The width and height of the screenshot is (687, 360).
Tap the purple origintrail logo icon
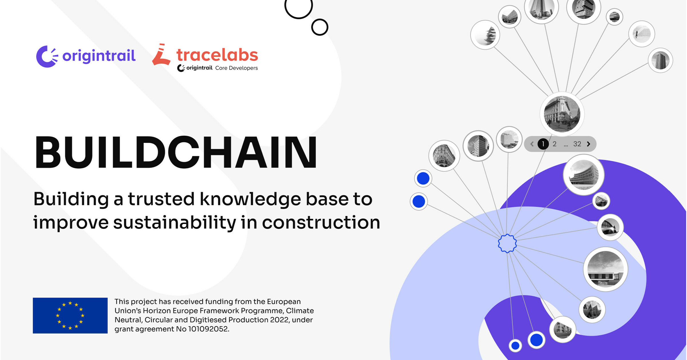coord(47,56)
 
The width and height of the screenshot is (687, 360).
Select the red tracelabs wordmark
coord(217,55)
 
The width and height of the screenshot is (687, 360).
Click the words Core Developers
coord(236,68)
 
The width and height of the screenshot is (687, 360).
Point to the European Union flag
coord(70,315)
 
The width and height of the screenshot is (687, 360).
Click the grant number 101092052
coord(208,329)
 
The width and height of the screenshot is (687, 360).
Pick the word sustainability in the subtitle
coord(175,223)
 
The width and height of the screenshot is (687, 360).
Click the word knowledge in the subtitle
coord(250,199)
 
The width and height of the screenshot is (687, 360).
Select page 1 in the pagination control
coord(543,144)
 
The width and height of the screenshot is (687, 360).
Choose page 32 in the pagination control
coord(577,144)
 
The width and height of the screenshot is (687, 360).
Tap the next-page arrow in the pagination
coord(589,144)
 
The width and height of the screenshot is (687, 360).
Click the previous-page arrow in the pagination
coord(532,144)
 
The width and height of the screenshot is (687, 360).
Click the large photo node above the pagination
coord(562,114)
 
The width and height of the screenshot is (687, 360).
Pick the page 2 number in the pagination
coord(554,144)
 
